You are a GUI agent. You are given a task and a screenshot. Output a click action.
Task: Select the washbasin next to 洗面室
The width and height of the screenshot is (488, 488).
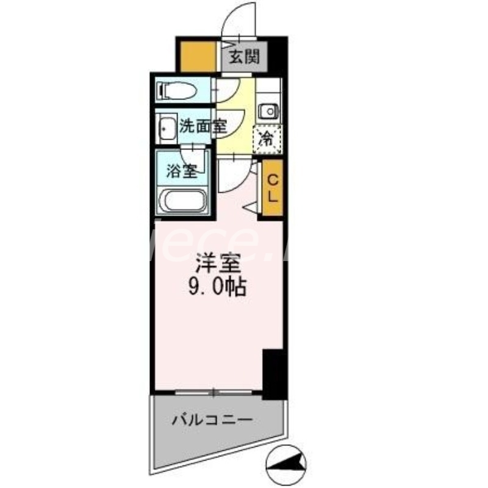point(165,127)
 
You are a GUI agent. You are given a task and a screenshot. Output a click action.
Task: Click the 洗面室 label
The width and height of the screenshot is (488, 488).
point(203,127)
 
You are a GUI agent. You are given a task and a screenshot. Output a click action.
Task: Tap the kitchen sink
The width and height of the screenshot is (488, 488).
point(267,111)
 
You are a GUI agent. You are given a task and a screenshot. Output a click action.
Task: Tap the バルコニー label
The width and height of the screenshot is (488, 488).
point(211,420)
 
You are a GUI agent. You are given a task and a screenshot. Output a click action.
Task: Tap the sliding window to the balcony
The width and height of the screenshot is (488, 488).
point(213,390)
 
